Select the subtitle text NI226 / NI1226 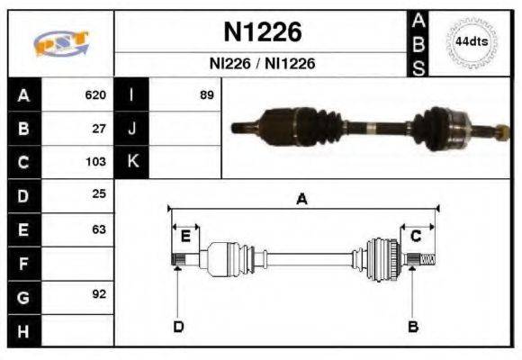(262, 64)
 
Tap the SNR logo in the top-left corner (60, 43)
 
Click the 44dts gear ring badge (472, 42)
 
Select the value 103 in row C (95, 163)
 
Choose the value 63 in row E (99, 229)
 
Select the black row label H (24, 330)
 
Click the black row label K (132, 163)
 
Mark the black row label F (24, 263)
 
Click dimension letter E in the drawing (184, 236)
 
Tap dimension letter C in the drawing (416, 236)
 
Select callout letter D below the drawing (178, 326)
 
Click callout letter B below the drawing (412, 326)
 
